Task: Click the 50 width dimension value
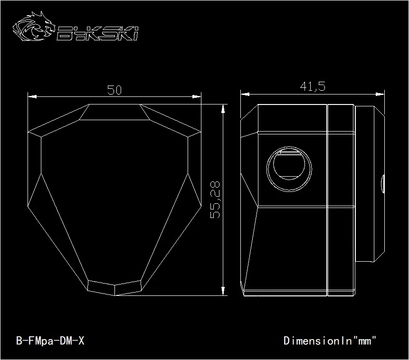tap(114, 90)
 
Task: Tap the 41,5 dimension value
tap(313, 86)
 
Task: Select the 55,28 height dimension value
tap(215, 200)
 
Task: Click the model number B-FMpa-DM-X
tap(50, 341)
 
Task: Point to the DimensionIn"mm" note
tap(330, 341)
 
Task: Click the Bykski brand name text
tap(97, 33)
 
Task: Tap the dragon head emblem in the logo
tap(34, 26)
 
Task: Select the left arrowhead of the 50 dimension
tap(32, 97)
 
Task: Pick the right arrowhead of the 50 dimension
tap(197, 97)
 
